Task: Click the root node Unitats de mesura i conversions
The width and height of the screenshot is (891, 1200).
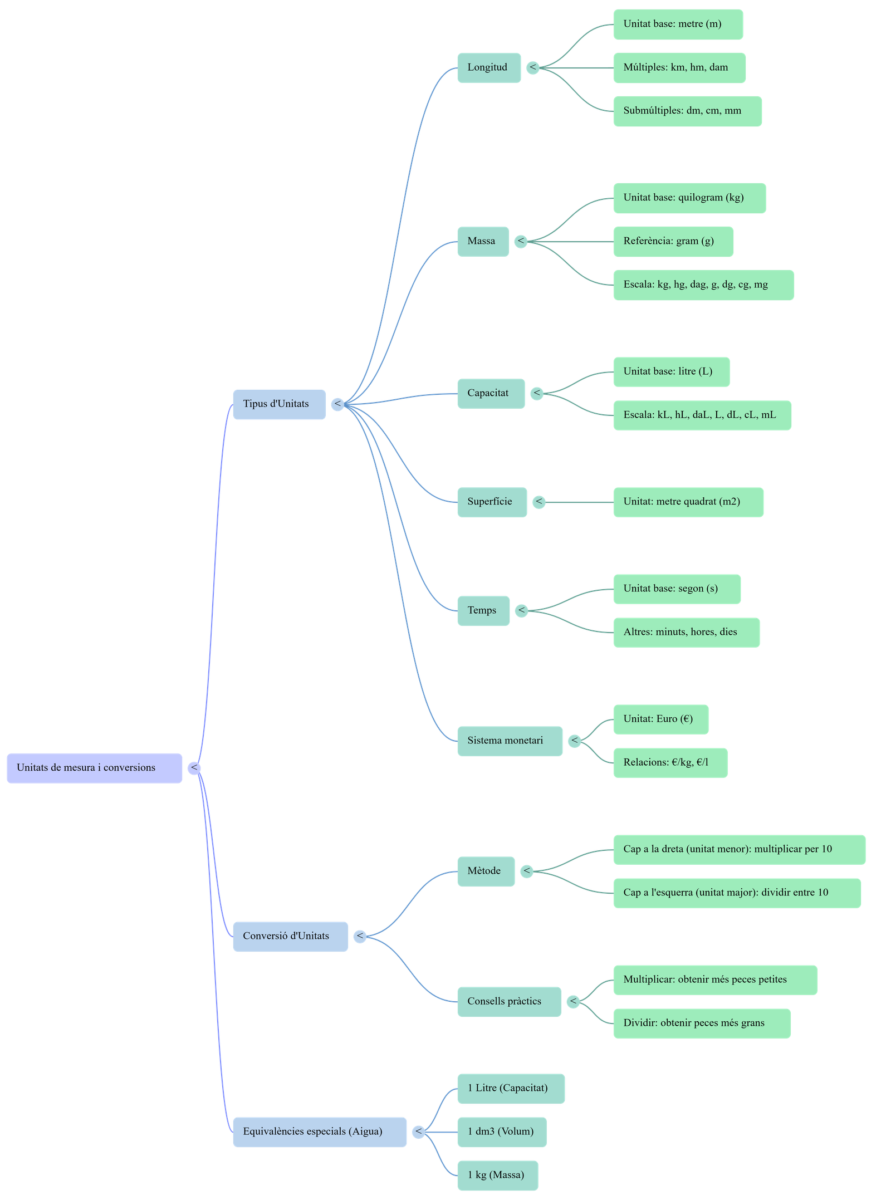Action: coord(94,768)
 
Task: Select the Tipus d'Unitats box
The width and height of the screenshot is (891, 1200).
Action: coord(279,404)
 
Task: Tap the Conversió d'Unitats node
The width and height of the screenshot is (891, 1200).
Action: coord(290,936)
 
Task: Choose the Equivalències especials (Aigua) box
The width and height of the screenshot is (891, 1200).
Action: coord(319,1132)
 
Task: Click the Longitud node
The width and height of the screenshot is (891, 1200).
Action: coord(488,68)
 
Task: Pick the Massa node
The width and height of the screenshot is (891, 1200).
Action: coord(483,241)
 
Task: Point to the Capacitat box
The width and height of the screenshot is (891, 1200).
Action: coord(490,394)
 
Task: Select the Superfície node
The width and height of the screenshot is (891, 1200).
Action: coord(492,502)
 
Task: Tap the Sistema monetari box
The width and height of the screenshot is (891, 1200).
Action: coord(509,741)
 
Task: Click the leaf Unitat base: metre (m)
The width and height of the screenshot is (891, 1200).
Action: coord(678,25)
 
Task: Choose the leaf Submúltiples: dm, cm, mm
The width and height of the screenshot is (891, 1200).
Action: coord(687,111)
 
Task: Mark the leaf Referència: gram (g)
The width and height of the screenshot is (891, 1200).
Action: coord(673,241)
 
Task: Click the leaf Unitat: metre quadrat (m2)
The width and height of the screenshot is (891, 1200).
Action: coord(688,502)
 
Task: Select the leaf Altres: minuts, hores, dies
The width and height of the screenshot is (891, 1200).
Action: coord(686,632)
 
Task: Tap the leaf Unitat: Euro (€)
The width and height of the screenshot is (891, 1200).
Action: coord(660,719)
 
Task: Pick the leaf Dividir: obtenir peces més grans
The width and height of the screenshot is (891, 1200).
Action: coord(702,1023)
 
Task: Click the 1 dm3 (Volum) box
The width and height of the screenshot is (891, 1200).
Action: coord(501,1132)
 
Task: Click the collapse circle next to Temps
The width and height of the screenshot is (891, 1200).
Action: coord(521,611)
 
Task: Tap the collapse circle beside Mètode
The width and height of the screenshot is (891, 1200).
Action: coord(526,871)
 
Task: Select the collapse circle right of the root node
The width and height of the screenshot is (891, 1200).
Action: coord(194,768)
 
